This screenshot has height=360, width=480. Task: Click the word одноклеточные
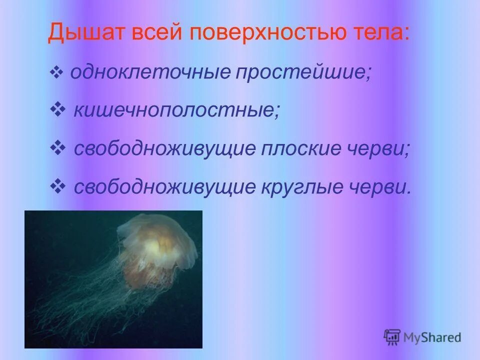pyautogui.click(x=149, y=73)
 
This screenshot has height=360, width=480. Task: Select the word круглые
pyautogui.click(x=307, y=187)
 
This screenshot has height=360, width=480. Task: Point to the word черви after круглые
pyautogui.click(x=386, y=187)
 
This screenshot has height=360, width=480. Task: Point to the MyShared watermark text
pyautogui.click(x=432, y=337)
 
